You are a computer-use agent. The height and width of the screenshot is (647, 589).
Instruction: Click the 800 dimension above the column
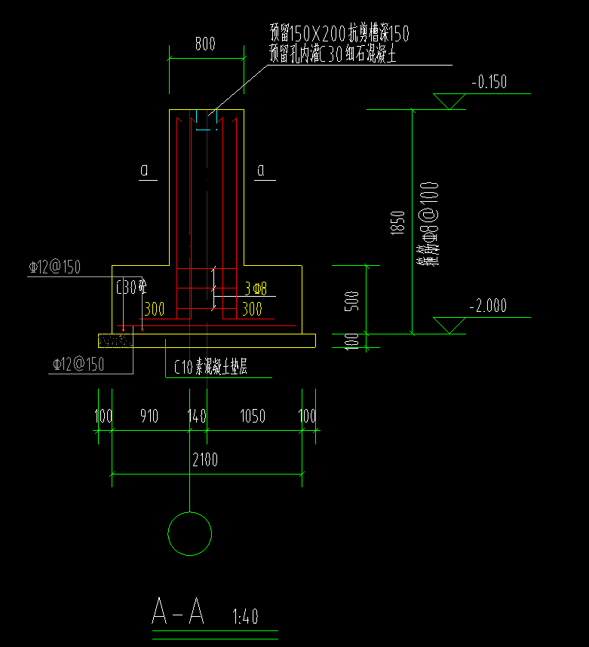(204, 44)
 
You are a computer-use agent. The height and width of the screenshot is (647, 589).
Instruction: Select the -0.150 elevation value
(488, 82)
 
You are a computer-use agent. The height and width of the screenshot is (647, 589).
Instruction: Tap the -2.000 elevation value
(487, 306)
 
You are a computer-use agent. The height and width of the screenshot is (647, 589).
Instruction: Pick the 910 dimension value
(149, 417)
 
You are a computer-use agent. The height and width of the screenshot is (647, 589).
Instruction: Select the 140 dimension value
(197, 417)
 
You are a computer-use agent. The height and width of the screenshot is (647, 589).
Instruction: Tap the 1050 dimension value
(253, 417)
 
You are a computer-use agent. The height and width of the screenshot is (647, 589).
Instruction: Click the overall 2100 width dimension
(204, 460)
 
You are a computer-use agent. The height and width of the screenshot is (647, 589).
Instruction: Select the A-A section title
(178, 612)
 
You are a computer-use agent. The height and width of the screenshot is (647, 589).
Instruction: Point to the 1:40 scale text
(242, 618)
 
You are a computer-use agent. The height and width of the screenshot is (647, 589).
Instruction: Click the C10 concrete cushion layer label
(211, 368)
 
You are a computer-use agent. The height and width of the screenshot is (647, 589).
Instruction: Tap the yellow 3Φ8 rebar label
(256, 288)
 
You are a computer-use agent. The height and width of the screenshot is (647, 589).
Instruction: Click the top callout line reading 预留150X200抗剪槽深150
(339, 34)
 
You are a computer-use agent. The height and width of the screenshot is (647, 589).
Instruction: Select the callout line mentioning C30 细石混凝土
(333, 54)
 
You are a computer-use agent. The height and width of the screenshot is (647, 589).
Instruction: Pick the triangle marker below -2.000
(450, 325)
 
